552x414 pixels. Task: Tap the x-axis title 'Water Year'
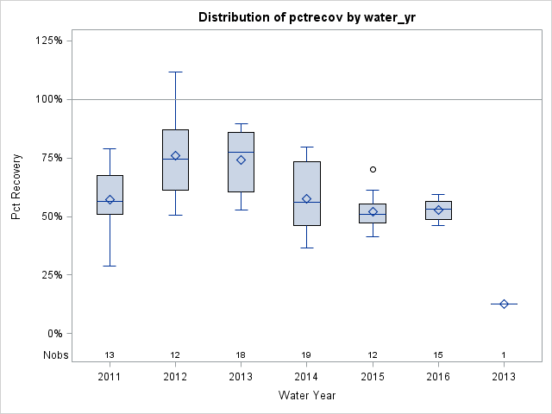(306, 395)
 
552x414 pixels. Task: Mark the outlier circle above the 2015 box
(373, 169)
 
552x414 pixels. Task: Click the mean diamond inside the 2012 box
(175, 155)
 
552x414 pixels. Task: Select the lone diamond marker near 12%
(504, 304)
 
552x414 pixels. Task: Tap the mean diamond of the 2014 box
(306, 198)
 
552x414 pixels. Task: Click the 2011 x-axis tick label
(110, 376)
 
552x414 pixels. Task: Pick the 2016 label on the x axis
(438, 376)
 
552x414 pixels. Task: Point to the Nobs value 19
(306, 355)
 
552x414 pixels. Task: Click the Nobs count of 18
(241, 355)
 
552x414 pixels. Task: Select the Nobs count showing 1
(504, 355)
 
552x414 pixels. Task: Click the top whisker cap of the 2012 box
(175, 72)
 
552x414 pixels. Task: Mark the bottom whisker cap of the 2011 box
(110, 266)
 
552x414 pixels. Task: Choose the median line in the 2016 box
(438, 209)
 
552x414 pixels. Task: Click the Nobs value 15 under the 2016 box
(438, 355)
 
